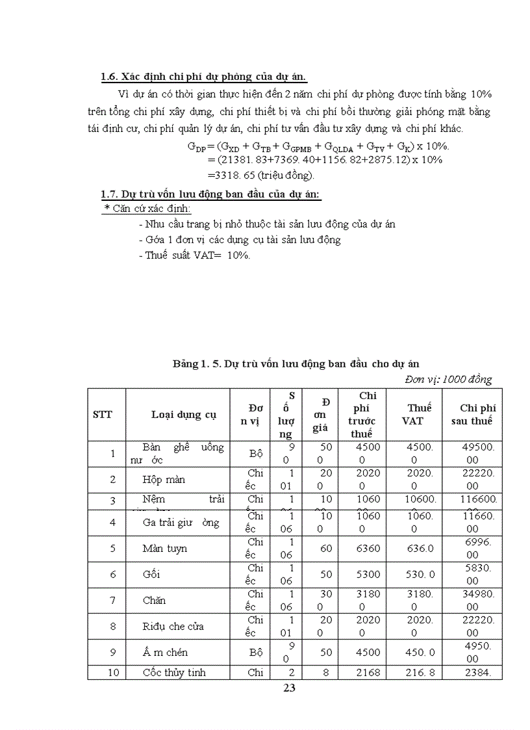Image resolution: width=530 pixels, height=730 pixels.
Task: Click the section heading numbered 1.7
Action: point(211,194)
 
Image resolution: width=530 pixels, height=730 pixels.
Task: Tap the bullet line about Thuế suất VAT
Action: point(194,255)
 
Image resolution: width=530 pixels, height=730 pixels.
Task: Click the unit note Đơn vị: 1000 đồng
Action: point(448,379)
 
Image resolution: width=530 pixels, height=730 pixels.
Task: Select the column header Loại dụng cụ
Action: point(184,415)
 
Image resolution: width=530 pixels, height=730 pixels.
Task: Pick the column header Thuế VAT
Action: point(419,414)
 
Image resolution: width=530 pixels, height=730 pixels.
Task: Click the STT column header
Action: point(103,415)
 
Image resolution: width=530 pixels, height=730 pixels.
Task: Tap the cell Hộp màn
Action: point(164,480)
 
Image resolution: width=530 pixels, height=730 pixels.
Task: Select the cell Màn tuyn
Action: point(164,549)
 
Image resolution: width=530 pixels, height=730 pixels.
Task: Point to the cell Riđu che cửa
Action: point(173,627)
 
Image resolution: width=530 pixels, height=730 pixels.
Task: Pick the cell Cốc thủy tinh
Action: point(174,672)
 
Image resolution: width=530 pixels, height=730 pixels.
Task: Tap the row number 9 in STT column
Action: point(113,653)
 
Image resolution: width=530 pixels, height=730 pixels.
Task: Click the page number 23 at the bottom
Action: point(290,688)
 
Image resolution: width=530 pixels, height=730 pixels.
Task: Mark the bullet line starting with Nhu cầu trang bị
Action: point(267,224)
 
